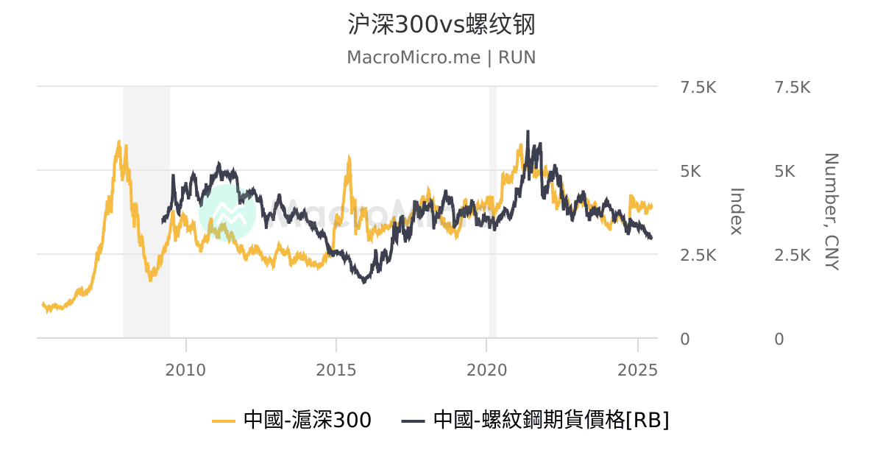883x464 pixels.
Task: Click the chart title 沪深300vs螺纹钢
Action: tap(441, 24)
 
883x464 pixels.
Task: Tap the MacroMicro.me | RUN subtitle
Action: tap(441, 57)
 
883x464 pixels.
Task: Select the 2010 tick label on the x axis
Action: tap(186, 368)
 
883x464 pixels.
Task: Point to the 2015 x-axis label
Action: tap(336, 368)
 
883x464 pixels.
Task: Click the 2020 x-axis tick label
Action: tap(486, 368)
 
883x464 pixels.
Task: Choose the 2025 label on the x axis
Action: tap(636, 368)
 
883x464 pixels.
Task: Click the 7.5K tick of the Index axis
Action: tap(698, 88)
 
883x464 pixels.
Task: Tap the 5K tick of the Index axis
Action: tap(691, 172)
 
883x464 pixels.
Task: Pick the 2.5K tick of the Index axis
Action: tap(698, 256)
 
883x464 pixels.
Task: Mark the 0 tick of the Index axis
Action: tap(685, 340)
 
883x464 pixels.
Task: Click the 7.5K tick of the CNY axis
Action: tap(792, 88)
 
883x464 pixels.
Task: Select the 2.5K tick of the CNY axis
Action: tap(792, 256)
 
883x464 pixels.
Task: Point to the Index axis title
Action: tap(737, 211)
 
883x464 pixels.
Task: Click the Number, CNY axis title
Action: tap(831, 211)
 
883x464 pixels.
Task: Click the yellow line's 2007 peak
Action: tap(118, 141)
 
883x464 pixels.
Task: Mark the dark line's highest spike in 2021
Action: tap(528, 132)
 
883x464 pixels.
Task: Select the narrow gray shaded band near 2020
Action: tap(493, 212)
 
